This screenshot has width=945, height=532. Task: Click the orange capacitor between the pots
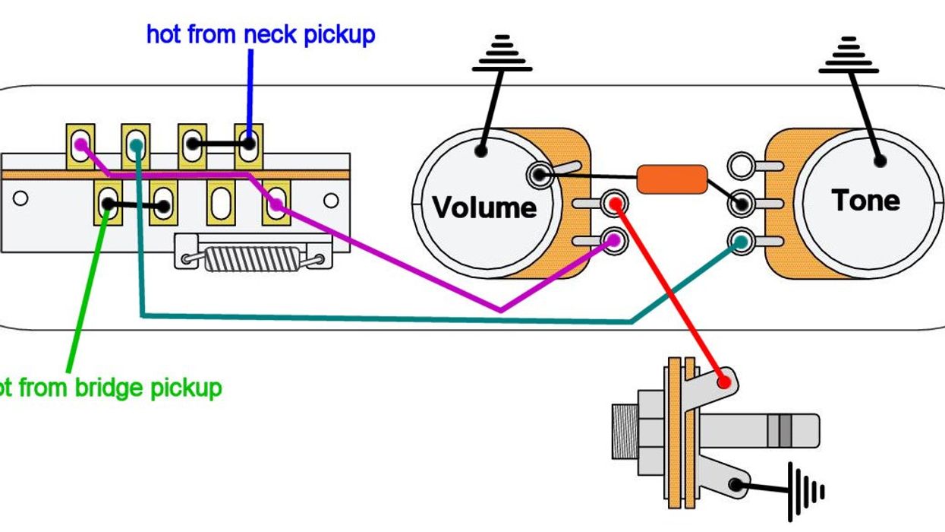point(672,179)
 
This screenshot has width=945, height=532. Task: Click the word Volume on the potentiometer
point(484,207)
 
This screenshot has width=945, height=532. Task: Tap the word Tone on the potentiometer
point(865,201)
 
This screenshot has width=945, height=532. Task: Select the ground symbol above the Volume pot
point(501,55)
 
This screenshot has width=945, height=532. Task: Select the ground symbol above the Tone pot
point(849,55)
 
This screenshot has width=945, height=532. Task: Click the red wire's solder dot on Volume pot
point(614,203)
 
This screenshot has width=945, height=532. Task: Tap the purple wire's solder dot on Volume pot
point(613,241)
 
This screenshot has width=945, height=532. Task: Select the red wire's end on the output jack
point(724,381)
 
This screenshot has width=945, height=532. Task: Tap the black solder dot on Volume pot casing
point(480,150)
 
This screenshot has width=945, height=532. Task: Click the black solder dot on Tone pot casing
point(880,160)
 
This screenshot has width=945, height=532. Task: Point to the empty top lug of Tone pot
point(741,165)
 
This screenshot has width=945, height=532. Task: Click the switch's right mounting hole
point(331,201)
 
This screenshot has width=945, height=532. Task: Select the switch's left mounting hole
point(20,199)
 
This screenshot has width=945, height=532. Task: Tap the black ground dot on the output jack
point(734,484)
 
